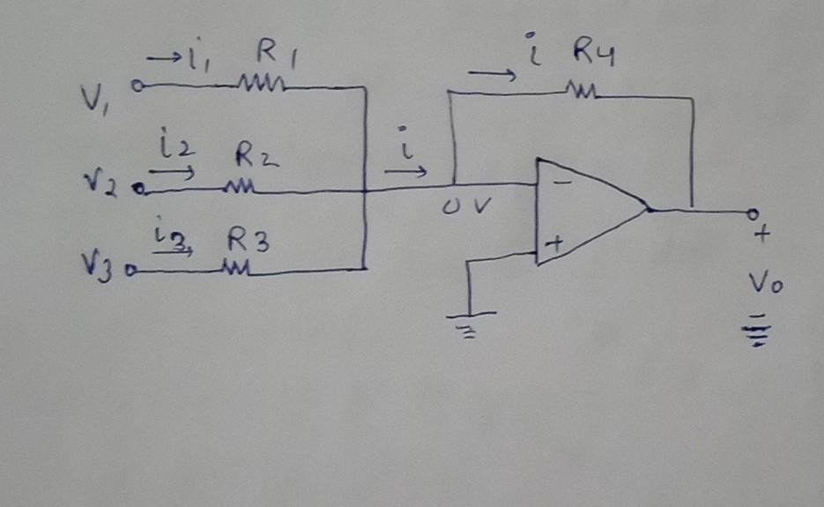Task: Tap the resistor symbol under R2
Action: point(240,188)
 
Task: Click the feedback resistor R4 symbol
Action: point(582,90)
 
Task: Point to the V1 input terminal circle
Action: point(137,86)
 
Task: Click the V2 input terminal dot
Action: point(137,188)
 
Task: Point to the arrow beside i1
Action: point(162,59)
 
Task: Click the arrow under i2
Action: point(177,173)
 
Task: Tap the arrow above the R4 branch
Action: point(492,75)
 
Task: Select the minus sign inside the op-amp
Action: point(560,183)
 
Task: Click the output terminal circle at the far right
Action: point(753,213)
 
